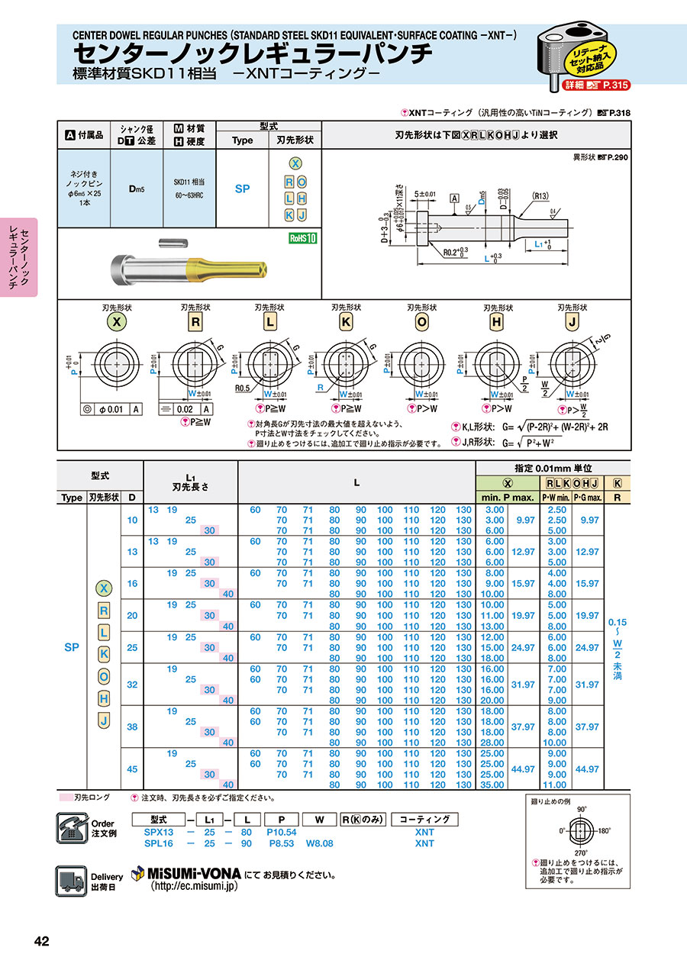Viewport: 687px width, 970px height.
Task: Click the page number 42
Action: [41, 942]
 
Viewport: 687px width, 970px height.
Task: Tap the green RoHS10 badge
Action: [302, 238]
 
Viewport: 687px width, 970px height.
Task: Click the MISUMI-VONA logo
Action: [187, 872]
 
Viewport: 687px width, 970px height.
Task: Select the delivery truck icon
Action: [71, 880]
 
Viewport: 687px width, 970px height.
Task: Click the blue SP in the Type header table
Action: [242, 188]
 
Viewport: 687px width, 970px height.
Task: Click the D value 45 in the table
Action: [132, 769]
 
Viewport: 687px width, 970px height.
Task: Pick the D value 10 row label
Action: [132, 520]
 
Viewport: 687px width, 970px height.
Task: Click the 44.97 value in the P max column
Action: [524, 769]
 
